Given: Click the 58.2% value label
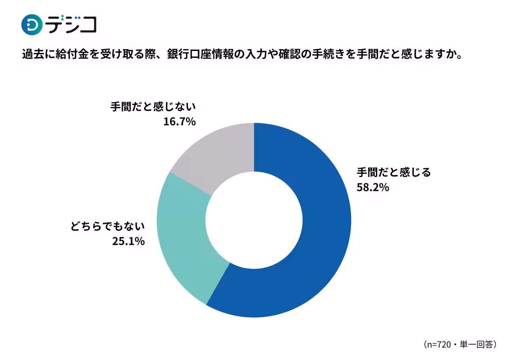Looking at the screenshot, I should coord(373,187).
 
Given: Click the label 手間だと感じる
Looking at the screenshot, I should coord(394,172).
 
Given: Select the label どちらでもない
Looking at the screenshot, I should coord(108,227).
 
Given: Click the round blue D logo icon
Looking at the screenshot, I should coord(32,25).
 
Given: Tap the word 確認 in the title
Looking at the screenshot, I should coord(288,55).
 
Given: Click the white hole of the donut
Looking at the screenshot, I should coord(254,220).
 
